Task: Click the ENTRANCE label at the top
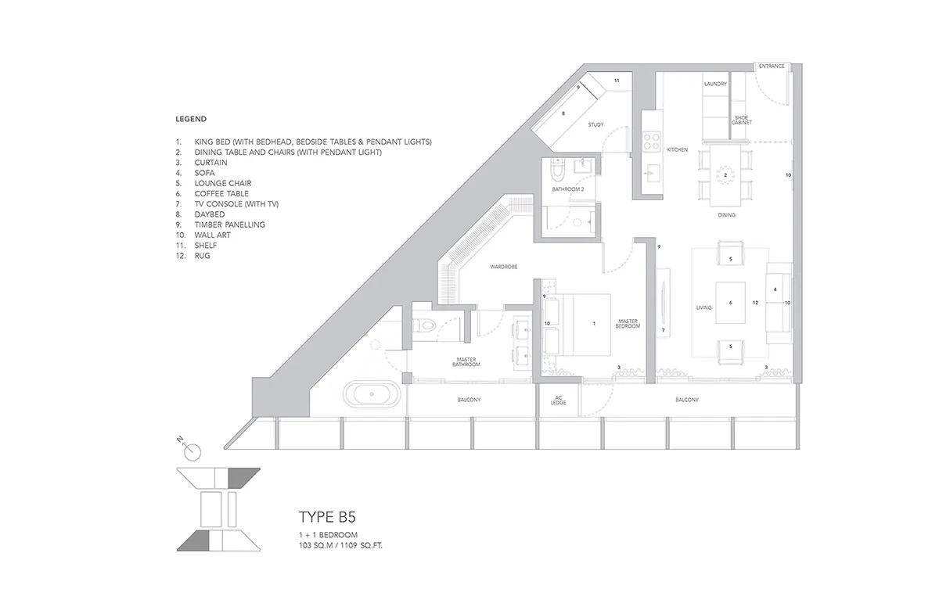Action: point(772,66)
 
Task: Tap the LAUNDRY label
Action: point(715,84)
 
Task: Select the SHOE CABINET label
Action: point(742,120)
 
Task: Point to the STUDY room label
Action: point(595,125)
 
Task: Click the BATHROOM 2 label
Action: point(567,189)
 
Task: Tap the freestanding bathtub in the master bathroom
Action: point(372,394)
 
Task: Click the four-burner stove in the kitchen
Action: point(652,141)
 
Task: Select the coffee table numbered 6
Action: point(730,303)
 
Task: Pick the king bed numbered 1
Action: point(577,325)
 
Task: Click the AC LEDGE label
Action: point(558,400)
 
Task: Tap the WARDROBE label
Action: point(503,267)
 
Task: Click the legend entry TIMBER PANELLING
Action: point(230,225)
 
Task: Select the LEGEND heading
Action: point(191,119)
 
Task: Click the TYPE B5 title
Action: point(327,517)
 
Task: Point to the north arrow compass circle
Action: point(192,453)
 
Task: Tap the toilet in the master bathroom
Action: point(424,325)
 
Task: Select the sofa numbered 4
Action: point(779,303)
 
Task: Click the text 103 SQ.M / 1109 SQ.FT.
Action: point(340,546)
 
